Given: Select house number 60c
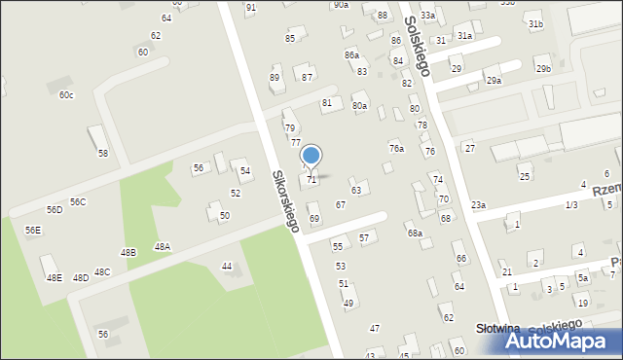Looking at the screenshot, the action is click(65, 94).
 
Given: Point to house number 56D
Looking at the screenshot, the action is click(55, 210).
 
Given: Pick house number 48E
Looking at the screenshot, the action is click(54, 278).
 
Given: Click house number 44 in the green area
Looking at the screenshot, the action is click(227, 266).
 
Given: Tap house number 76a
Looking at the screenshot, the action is click(396, 149).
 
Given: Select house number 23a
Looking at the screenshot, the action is click(478, 205).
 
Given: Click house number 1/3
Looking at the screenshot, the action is click(571, 205).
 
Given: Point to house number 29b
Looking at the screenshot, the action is click(543, 68).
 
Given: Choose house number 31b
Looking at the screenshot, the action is click(534, 23).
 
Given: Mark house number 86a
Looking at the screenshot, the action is click(351, 55).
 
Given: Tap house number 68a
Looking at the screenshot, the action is click(415, 234).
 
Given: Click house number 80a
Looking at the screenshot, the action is click(360, 105).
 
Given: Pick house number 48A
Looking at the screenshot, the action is click(162, 247).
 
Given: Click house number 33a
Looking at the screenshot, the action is click(427, 16).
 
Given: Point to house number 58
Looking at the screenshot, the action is click(102, 154).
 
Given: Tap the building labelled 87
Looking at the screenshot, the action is click(307, 77).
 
